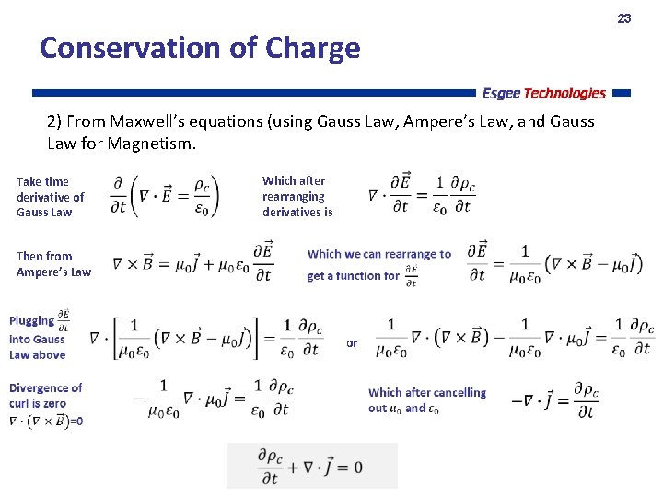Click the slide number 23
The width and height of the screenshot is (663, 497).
623,18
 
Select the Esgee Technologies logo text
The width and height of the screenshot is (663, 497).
543,93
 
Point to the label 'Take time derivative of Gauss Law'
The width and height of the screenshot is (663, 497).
50,197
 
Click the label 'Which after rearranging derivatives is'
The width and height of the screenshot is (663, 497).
297,196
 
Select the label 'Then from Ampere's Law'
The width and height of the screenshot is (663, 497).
53,264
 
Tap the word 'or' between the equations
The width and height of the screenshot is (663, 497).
352,343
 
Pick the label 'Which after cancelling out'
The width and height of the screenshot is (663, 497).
426,399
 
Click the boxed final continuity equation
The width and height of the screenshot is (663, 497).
311,466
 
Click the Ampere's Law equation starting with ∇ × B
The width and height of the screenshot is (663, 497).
192,262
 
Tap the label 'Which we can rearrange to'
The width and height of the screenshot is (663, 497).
378,254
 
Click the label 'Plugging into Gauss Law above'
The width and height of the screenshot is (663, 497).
37,338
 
